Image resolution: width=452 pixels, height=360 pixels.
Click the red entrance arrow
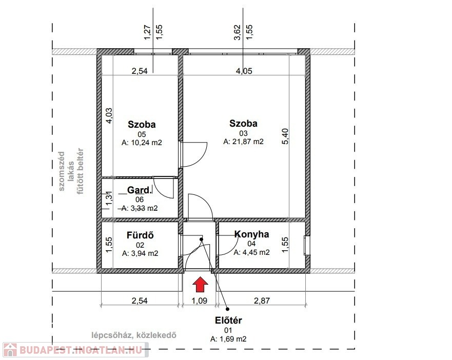tap(200, 284)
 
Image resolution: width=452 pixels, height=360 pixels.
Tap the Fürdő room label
tap(140, 235)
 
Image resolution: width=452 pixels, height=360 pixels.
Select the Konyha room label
tap(252, 234)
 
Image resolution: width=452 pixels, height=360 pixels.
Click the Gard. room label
tap(139, 190)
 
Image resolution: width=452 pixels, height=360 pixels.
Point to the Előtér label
tap(228, 320)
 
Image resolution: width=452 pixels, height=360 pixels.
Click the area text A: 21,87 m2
tap(243, 142)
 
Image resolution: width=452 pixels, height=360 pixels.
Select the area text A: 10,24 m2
tap(142, 143)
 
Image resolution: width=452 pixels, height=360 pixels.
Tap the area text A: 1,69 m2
tap(228, 339)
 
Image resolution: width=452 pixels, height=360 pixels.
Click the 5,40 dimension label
tap(285, 136)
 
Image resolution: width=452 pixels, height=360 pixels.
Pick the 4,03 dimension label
tap(109, 115)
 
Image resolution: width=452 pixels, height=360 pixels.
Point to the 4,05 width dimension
tap(244, 71)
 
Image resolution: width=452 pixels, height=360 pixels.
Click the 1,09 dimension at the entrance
tap(200, 301)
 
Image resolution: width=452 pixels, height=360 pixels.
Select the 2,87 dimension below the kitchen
tap(262, 301)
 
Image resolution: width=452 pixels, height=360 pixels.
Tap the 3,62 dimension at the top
tap(237, 33)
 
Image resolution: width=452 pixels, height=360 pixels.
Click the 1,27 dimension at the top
tap(147, 33)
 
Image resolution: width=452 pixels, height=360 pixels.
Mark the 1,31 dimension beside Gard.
tap(109, 198)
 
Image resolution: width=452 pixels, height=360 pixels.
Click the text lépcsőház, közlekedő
tap(134, 335)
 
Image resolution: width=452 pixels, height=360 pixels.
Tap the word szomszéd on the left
tap(62, 171)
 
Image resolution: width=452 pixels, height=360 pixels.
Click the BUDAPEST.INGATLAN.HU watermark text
tap(81, 350)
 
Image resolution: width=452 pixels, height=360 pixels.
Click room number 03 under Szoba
tap(243, 133)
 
